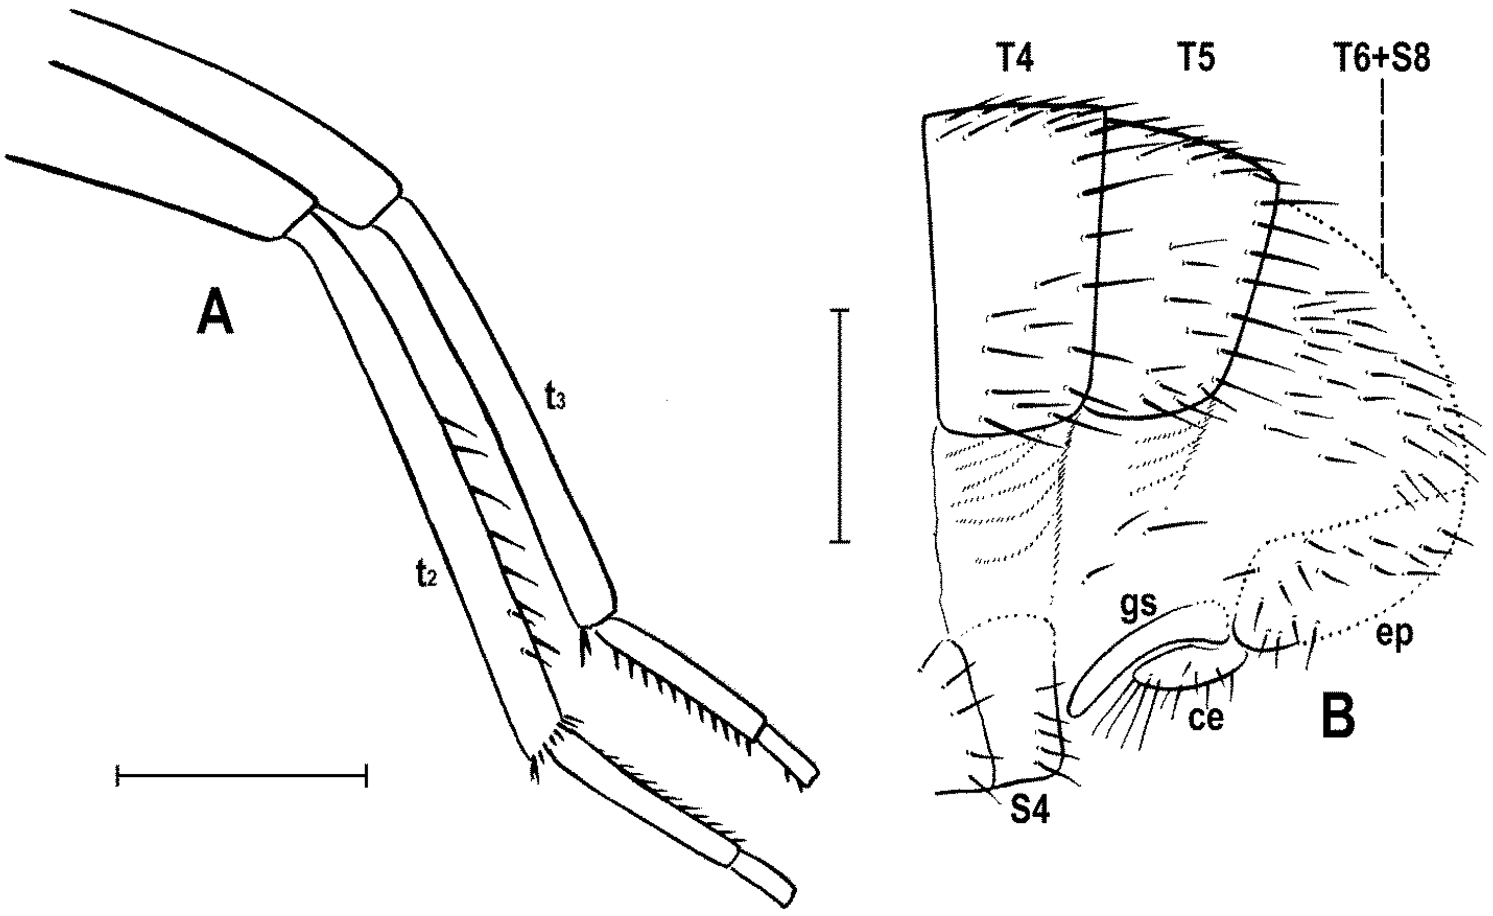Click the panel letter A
coord(215,311)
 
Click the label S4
coord(1029,811)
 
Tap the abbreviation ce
coord(1206,718)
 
